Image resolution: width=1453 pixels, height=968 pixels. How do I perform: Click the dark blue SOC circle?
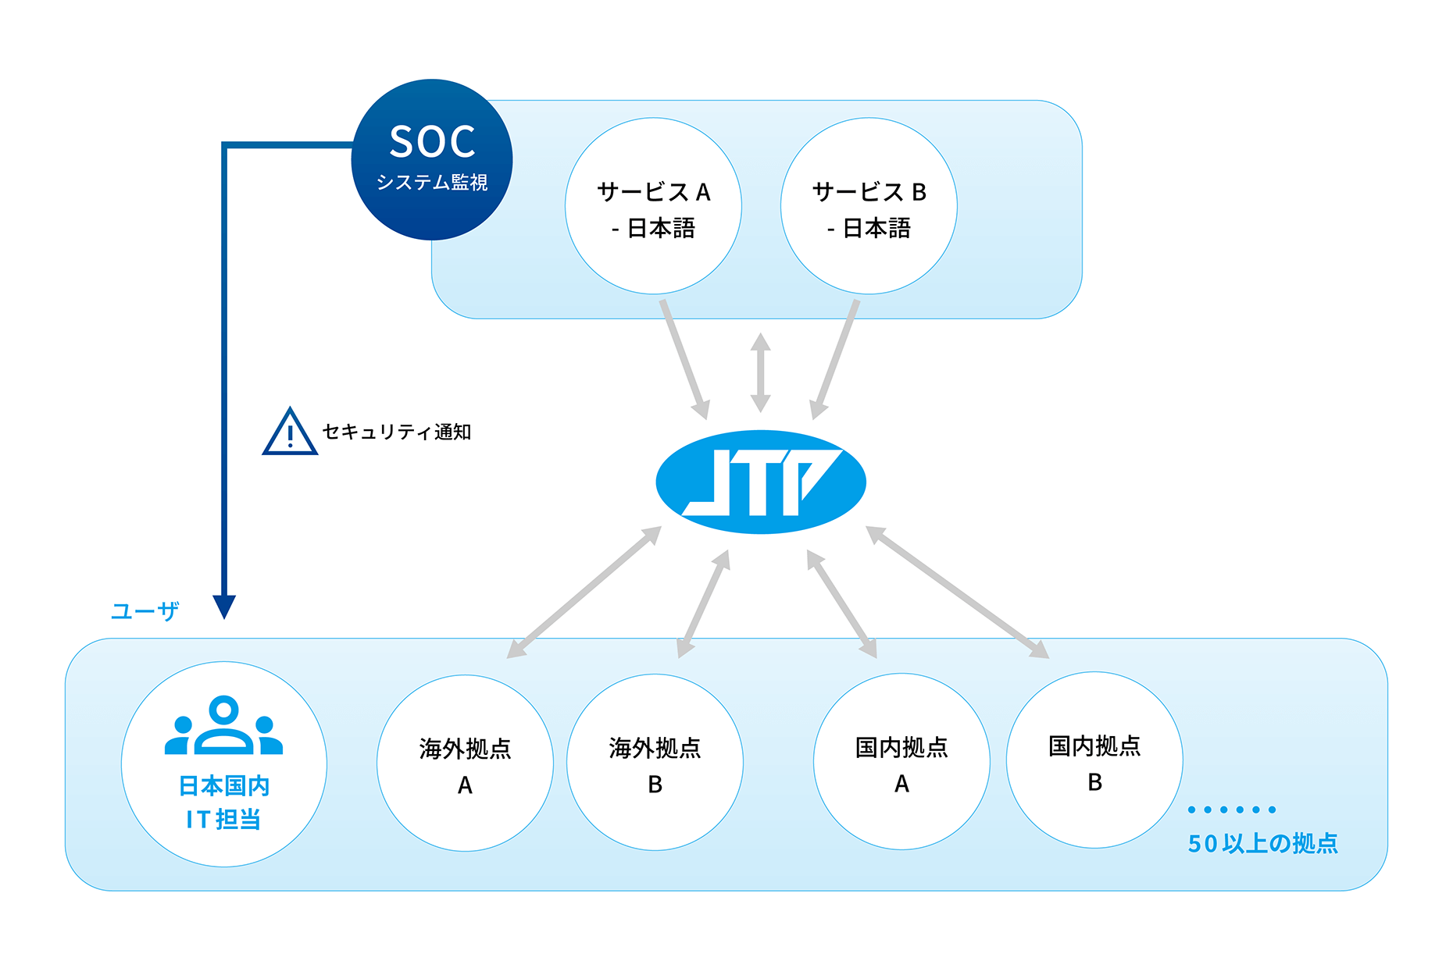432,159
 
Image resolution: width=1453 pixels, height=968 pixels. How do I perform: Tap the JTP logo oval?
761,482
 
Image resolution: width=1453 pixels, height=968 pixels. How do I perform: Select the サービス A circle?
653,206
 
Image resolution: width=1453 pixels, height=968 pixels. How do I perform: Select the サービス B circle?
869,206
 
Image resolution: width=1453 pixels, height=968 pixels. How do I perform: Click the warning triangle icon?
290,432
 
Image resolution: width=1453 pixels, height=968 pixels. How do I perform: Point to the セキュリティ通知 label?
397,432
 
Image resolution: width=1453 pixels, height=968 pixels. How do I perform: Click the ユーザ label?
145,610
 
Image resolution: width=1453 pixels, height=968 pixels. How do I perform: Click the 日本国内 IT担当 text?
224,803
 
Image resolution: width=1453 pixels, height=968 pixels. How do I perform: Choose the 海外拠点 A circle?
465,763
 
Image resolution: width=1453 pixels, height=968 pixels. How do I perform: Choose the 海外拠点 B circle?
655,763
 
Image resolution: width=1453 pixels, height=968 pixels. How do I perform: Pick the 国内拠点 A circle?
901,762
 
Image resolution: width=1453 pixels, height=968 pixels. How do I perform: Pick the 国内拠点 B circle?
1094,760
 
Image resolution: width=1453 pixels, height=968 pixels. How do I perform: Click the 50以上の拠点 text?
1262,844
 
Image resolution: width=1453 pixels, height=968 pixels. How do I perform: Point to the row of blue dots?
1232,810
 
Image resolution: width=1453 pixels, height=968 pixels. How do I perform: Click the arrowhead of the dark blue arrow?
224,607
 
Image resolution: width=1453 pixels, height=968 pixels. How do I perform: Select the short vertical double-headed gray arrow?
760,372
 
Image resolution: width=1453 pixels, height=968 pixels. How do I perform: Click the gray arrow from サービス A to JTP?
684,359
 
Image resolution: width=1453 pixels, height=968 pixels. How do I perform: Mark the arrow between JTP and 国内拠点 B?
958,593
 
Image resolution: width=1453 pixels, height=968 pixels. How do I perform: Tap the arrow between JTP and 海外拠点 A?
584,593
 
